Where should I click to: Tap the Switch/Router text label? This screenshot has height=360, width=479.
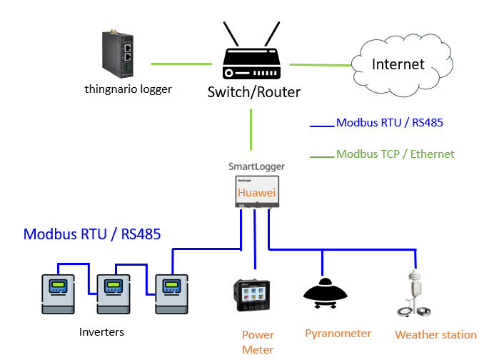(x=253, y=92)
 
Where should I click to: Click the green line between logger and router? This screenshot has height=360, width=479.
(x=181, y=64)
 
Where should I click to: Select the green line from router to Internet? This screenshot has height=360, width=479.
(x=321, y=65)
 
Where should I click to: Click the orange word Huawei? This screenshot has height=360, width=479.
(x=256, y=194)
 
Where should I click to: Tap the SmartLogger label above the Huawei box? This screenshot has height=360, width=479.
(x=256, y=166)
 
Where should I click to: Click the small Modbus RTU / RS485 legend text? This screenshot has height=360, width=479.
(x=389, y=123)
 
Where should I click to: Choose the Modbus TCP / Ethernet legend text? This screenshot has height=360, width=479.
(x=395, y=154)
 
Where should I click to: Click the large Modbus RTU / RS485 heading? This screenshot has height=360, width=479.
(x=92, y=234)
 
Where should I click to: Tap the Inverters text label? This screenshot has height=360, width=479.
(x=101, y=332)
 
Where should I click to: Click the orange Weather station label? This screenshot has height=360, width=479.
(x=435, y=334)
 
